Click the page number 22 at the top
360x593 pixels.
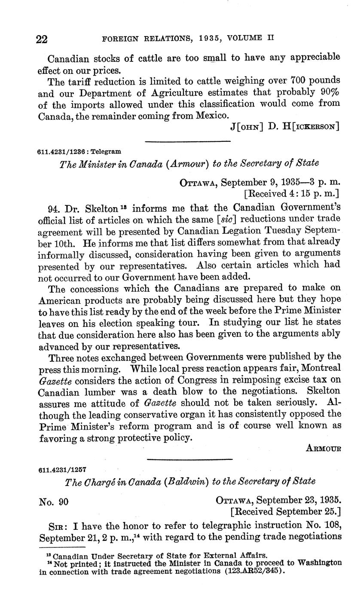(43, 40)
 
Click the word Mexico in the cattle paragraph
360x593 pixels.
(212, 116)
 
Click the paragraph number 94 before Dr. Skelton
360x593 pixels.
(53, 209)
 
